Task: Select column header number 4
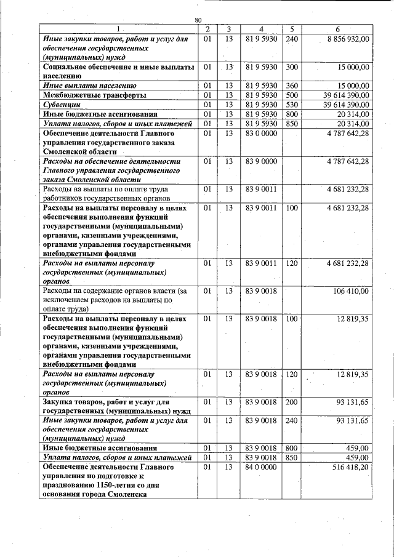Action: pyautogui.click(x=261, y=29)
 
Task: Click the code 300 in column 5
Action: pyautogui.click(x=292, y=66)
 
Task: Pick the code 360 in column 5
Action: pyautogui.click(x=292, y=86)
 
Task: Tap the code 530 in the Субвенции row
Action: pyautogui.click(x=292, y=105)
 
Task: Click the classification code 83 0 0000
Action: pyautogui.click(x=261, y=132)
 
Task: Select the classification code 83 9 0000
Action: pyautogui.click(x=261, y=161)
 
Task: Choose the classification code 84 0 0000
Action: pyautogui.click(x=261, y=467)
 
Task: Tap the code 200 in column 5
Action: pyautogui.click(x=292, y=402)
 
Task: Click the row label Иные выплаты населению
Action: pyautogui.click(x=89, y=86)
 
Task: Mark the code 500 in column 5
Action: pyautogui.click(x=292, y=95)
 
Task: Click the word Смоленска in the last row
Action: pyautogui.click(x=127, y=494)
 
